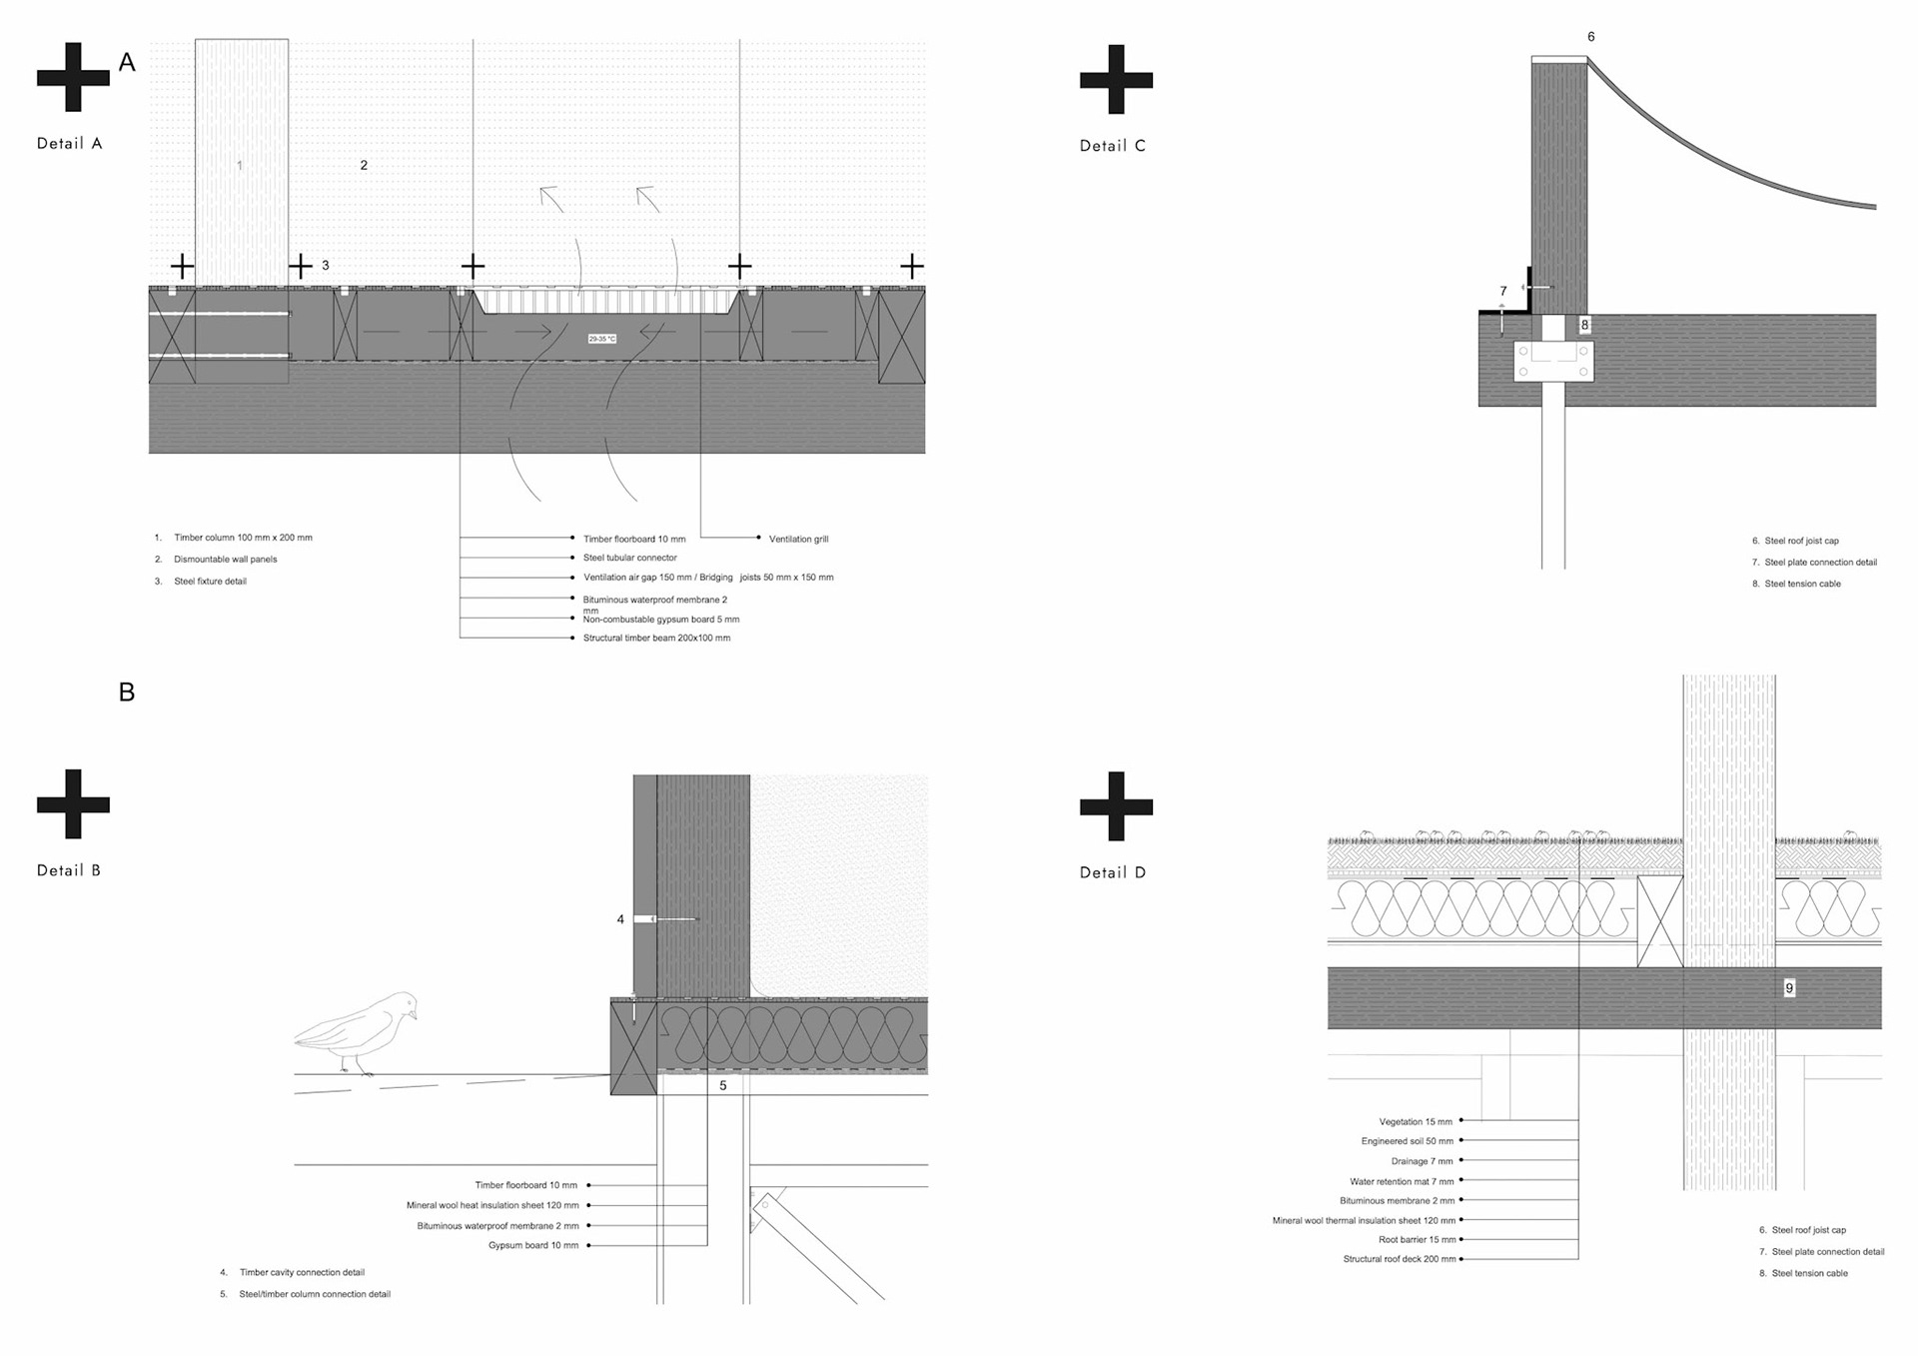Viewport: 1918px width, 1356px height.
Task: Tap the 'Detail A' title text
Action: pyautogui.click(x=69, y=144)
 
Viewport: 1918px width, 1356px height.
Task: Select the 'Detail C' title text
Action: pyautogui.click(x=1112, y=146)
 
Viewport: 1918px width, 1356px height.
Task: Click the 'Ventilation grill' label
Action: pyautogui.click(x=798, y=540)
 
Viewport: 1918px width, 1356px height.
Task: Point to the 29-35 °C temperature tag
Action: pyautogui.click(x=602, y=339)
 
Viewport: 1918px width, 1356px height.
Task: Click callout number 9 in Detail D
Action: pyautogui.click(x=1789, y=988)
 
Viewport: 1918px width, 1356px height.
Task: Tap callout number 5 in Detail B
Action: pyautogui.click(x=723, y=1085)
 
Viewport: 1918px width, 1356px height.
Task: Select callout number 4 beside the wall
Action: pyautogui.click(x=620, y=919)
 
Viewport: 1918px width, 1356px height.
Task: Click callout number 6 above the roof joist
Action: pyautogui.click(x=1591, y=37)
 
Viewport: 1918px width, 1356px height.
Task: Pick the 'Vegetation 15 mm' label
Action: pyautogui.click(x=1416, y=1122)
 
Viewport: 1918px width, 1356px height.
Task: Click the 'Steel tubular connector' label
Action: pyautogui.click(x=629, y=558)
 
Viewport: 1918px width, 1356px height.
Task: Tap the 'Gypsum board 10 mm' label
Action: pyautogui.click(x=533, y=1245)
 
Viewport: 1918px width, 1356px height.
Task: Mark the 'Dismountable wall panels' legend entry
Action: pyautogui.click(x=225, y=560)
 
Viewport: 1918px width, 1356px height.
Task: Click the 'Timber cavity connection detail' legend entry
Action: pyautogui.click(x=302, y=1273)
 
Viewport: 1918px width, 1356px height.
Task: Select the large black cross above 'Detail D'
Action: pyautogui.click(x=1116, y=805)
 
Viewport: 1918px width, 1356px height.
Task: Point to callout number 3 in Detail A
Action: pyautogui.click(x=326, y=266)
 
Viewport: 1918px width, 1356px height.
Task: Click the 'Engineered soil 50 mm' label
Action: pyautogui.click(x=1407, y=1141)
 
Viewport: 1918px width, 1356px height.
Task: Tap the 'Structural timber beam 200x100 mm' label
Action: pyautogui.click(x=656, y=638)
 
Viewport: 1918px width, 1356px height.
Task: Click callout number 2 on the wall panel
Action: pyautogui.click(x=364, y=166)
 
